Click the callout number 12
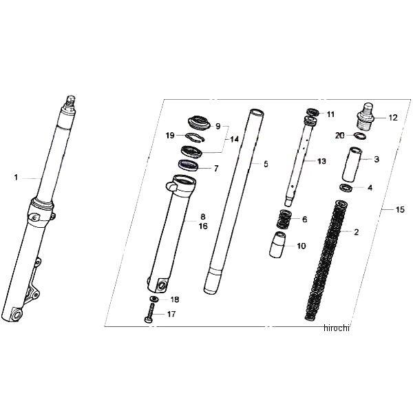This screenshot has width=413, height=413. (x=393, y=118)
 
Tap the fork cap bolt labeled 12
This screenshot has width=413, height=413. (x=366, y=116)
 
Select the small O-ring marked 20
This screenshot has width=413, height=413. (x=359, y=136)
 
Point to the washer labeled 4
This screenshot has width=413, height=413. (x=346, y=188)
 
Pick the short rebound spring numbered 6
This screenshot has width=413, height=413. (x=284, y=220)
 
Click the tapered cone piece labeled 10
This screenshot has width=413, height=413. (x=277, y=244)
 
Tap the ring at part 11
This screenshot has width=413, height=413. (x=313, y=112)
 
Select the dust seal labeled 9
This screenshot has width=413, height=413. (x=200, y=123)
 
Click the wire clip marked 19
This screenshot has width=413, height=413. (x=195, y=137)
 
